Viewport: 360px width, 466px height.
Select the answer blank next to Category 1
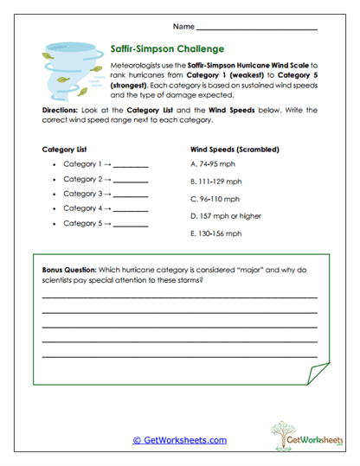[x=131, y=164]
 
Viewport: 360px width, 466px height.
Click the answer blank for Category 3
[x=131, y=194]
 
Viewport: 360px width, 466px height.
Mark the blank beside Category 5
[x=131, y=224]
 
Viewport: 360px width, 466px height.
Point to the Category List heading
[x=65, y=149]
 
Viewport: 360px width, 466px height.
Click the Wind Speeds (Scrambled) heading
[x=234, y=149]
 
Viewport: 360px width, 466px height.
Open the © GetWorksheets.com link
[x=179, y=440]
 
